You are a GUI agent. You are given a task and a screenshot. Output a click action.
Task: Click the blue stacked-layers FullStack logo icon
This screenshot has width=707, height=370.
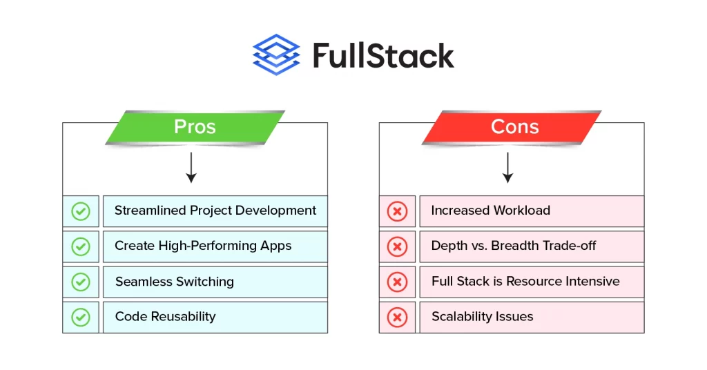coord(276,55)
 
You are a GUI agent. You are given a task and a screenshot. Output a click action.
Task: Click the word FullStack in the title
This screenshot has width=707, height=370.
coord(383,55)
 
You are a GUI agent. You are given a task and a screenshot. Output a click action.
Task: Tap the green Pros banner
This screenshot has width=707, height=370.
coord(195,127)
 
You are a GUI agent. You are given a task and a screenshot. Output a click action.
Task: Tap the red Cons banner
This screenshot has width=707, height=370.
coord(512,127)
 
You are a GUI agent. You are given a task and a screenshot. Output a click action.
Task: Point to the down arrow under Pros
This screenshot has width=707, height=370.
coord(191,168)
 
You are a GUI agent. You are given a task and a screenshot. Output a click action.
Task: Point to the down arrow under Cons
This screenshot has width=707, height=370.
coord(507,168)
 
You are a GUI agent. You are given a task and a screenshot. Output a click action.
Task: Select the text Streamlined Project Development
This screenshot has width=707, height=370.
coord(215,211)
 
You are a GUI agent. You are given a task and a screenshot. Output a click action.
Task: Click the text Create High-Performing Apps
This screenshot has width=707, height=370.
coord(203,246)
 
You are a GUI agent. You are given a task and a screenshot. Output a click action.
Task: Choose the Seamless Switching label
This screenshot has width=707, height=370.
coord(175,282)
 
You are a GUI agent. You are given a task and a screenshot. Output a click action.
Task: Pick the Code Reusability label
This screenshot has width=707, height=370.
coord(166,317)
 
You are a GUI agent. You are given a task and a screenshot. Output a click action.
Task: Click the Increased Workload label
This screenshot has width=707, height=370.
coord(491,211)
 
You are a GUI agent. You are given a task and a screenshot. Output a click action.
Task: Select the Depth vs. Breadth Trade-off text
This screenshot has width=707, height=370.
coord(514,246)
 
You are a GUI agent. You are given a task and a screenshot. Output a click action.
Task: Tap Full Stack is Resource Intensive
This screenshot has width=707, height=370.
coord(525,281)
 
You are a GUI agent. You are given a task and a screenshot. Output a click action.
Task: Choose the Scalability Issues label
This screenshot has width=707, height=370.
coord(483,317)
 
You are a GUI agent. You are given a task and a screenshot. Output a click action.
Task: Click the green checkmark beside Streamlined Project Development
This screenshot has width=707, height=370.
coord(81,211)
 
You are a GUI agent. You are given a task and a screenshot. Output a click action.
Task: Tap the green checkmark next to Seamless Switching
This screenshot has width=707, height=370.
coord(81,282)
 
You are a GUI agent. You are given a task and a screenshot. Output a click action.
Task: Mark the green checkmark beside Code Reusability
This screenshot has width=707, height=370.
coord(81,318)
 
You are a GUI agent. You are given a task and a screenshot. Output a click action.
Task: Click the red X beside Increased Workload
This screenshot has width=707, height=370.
coord(397,211)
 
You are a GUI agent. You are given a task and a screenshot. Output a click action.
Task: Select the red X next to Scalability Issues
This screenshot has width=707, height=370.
coord(397,318)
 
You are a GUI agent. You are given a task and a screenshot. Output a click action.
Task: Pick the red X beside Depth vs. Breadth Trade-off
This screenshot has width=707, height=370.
coord(397,246)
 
